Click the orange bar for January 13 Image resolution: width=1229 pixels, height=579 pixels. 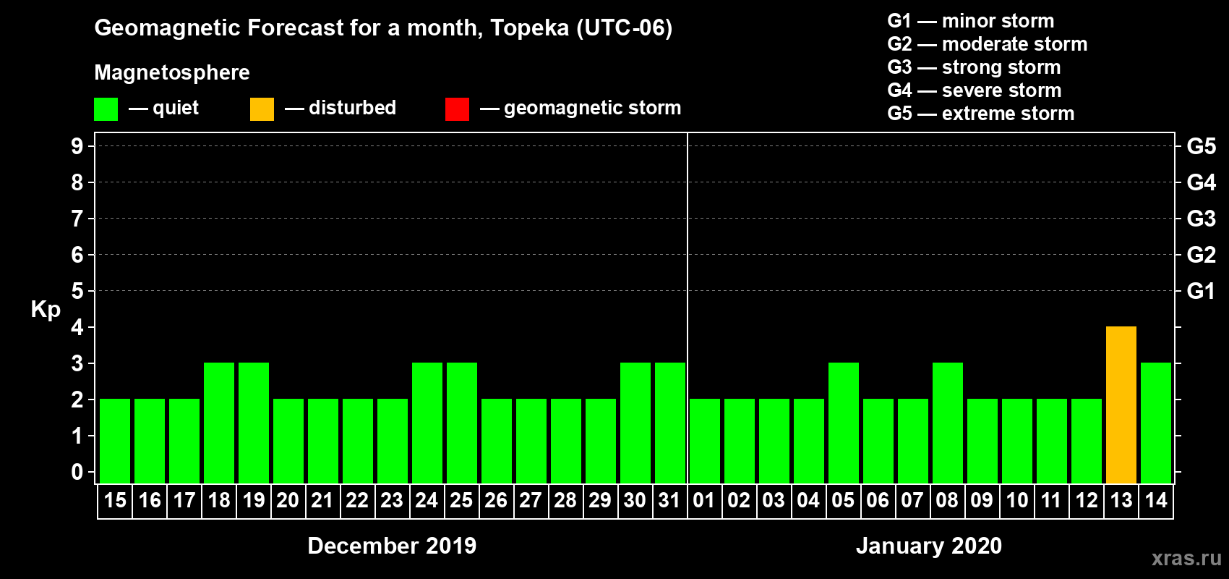(1121, 405)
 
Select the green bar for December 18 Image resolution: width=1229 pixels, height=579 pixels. (219, 423)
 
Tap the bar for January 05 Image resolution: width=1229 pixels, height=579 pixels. (843, 423)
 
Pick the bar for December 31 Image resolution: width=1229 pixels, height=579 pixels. (670, 423)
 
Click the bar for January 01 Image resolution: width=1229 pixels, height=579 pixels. (705, 441)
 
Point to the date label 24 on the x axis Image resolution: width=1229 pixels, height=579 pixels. (427, 501)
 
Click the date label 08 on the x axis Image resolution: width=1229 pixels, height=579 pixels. (947, 501)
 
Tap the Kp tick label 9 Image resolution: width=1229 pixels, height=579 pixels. (77, 146)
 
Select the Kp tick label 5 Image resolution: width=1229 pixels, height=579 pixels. (77, 291)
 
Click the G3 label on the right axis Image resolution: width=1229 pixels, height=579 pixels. (1201, 219)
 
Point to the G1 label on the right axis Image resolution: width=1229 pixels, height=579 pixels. (1201, 291)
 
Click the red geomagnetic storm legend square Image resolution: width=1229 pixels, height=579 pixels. (457, 109)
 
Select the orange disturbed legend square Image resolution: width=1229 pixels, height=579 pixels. (262, 109)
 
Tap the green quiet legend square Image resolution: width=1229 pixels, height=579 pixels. (106, 109)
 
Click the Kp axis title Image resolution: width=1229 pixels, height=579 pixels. (46, 309)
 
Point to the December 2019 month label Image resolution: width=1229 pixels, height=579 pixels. (392, 546)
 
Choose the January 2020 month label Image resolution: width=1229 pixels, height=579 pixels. (929, 546)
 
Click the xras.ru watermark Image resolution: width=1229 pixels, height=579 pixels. (1186, 558)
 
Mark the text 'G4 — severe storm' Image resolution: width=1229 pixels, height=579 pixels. (974, 90)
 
